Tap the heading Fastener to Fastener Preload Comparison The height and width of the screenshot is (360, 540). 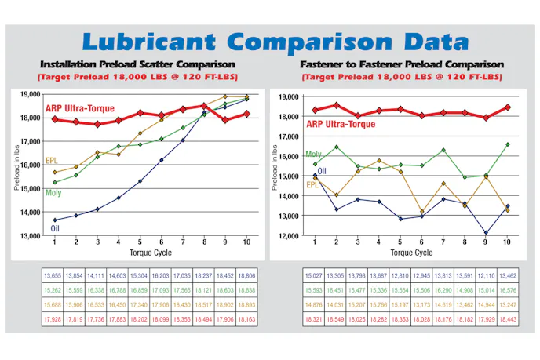coord(400,64)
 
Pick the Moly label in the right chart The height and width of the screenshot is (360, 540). coord(312,155)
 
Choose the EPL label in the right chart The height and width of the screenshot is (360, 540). coord(312,184)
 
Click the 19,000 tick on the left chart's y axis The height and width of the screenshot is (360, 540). coord(31,94)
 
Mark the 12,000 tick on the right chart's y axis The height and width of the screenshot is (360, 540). coord(287,236)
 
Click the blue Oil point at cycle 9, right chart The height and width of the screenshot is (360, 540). coord(485,233)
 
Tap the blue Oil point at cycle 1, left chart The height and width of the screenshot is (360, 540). coord(54,220)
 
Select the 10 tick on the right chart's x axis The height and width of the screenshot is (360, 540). coord(506,242)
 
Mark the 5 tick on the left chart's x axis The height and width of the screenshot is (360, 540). coord(140,242)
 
